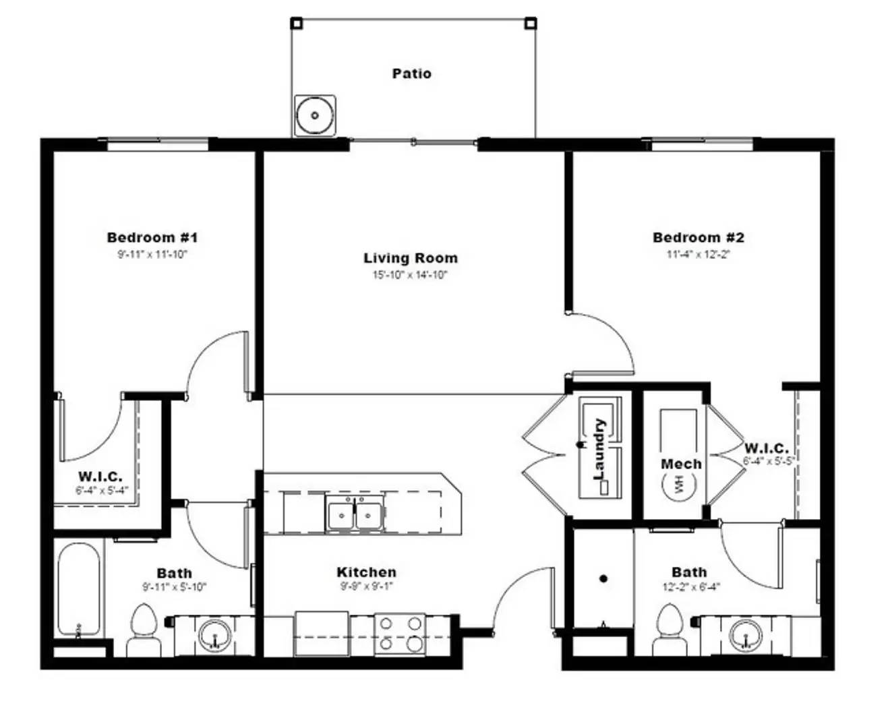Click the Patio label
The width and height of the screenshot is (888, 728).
(x=411, y=73)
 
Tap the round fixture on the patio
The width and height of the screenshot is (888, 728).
(x=315, y=116)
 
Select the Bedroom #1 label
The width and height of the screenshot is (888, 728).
(x=152, y=237)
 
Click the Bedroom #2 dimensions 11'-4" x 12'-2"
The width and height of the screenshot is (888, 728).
(x=698, y=255)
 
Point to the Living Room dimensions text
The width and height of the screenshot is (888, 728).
(x=410, y=275)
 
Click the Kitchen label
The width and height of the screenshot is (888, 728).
(x=366, y=572)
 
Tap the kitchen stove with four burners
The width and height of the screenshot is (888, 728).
(x=399, y=634)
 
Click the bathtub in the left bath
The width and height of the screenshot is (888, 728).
(x=79, y=590)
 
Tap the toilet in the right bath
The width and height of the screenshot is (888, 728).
(x=669, y=630)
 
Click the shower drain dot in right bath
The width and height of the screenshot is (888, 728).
(x=603, y=578)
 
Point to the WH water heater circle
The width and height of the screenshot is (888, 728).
(x=680, y=483)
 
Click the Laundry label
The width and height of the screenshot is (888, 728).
(x=599, y=449)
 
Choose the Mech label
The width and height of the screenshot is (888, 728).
(x=681, y=464)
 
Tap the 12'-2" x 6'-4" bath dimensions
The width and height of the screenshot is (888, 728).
(x=690, y=586)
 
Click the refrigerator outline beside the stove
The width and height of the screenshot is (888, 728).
(x=322, y=634)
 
